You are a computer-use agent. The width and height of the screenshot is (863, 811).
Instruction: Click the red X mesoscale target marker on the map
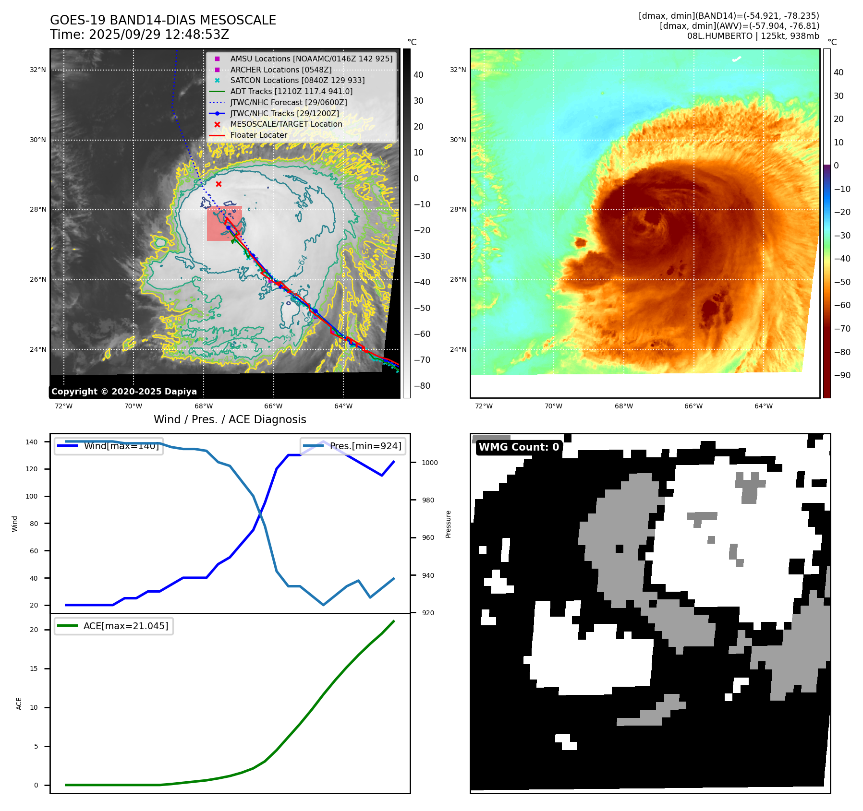[x=219, y=184]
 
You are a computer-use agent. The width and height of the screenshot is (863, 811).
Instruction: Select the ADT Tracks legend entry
[x=291, y=91]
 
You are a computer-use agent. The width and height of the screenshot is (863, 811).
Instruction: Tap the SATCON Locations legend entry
[x=297, y=80]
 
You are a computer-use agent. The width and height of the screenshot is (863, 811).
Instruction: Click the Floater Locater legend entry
[x=258, y=135]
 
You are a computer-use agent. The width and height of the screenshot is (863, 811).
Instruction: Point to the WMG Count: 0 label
[x=519, y=447]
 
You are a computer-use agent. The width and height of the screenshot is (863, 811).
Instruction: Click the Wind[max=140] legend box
[x=109, y=446]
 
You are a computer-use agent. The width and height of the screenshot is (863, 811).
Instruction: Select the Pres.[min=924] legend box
[x=353, y=446]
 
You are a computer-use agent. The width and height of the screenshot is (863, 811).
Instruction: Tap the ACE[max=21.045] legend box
[x=114, y=626]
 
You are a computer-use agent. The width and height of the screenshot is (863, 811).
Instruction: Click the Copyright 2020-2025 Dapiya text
[x=124, y=392]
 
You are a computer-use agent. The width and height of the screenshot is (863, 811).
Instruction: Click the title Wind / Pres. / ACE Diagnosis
[x=230, y=419]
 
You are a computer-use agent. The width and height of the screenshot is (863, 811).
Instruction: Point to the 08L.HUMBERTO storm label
[x=753, y=36]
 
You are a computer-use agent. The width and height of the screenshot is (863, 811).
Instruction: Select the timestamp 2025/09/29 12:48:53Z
[x=158, y=35]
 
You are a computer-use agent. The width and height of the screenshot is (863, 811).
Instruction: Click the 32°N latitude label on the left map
[x=38, y=70]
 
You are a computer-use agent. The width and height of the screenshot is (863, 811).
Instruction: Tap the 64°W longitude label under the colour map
[x=763, y=406]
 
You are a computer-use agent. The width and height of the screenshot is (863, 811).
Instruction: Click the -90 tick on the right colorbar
[x=842, y=375]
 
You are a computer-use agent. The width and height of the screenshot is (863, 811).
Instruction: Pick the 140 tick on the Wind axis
[x=32, y=442]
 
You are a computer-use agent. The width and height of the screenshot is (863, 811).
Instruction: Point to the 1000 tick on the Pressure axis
[x=429, y=463]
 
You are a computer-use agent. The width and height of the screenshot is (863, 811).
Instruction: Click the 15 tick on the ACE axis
[x=34, y=668]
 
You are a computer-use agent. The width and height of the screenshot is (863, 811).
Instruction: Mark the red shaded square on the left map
[x=224, y=224]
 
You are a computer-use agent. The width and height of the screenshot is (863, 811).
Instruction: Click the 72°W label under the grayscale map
[x=63, y=406]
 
